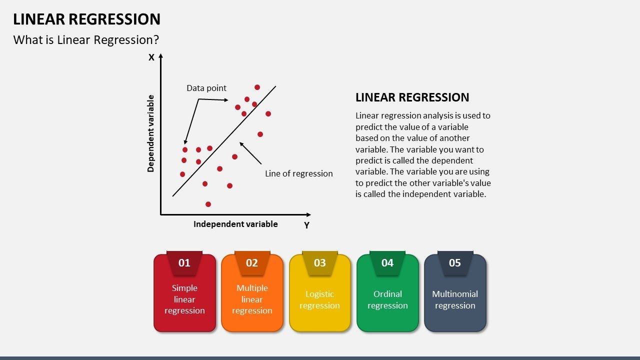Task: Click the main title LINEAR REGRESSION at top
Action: coord(86,19)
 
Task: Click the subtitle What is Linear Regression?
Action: coord(86,40)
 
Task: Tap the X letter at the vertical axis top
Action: coord(151,57)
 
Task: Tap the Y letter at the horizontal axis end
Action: coord(306,225)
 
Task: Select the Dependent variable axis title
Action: coord(150,133)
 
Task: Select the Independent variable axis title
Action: coord(235,224)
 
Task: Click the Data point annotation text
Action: coord(206,88)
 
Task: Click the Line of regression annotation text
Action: coord(298,173)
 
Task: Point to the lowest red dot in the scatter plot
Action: coord(208,204)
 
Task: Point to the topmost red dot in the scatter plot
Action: coord(257,87)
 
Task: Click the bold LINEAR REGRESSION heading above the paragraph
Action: coord(412,97)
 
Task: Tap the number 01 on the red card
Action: coord(184,263)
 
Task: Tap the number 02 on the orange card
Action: coord(252,263)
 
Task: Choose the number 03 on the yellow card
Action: coord(319,263)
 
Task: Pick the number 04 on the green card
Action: coord(387,263)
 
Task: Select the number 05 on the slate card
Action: coord(455,263)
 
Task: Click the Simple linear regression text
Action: coord(184,299)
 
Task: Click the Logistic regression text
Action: coord(319,299)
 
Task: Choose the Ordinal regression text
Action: coord(387,299)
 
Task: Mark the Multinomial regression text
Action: coord(455,299)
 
